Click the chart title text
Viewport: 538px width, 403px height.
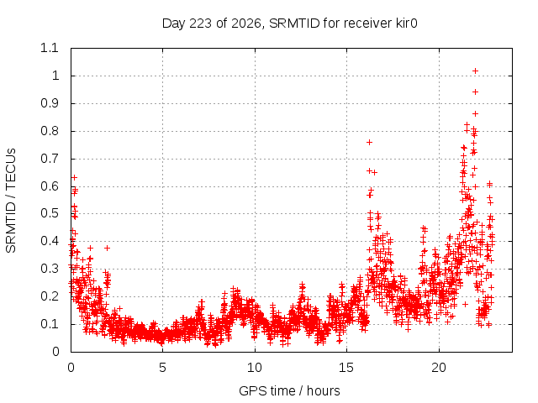[289, 24]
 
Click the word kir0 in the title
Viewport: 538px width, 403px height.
[405, 24]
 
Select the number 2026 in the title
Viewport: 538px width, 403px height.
[246, 24]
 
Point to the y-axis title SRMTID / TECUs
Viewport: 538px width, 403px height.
[11, 201]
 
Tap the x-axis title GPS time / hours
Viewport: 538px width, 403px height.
[289, 390]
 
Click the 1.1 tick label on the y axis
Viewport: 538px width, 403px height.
[50, 48]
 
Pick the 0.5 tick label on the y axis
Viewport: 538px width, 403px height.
[50, 213]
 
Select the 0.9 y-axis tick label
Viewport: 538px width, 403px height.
[50, 103]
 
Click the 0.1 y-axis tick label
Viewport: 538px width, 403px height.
[50, 324]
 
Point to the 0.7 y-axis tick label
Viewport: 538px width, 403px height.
[50, 159]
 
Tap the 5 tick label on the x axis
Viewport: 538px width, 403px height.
[162, 368]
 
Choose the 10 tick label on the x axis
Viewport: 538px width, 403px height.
[255, 368]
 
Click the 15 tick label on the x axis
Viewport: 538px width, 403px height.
[346, 368]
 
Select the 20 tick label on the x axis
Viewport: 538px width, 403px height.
[439, 368]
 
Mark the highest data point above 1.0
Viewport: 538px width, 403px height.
[475, 71]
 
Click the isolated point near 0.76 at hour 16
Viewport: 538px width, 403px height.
[370, 142]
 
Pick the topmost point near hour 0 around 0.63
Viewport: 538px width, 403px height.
[74, 177]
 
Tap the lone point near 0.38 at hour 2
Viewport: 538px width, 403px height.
[107, 248]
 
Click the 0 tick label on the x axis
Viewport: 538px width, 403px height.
[71, 368]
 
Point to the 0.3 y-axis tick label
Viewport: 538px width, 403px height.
[50, 269]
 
